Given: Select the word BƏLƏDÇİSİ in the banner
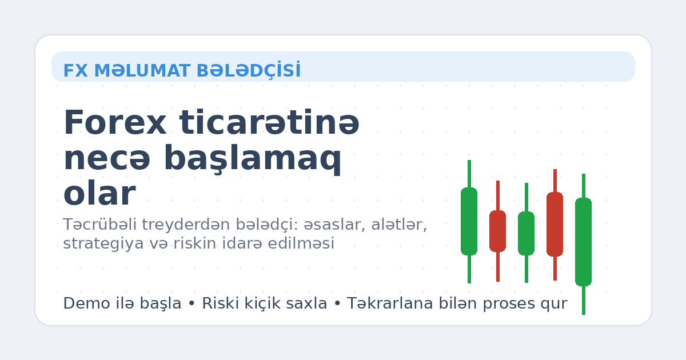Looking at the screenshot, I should click(248, 70).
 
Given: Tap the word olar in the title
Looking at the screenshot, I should click(99, 194).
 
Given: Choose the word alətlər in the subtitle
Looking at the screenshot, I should click(400, 225).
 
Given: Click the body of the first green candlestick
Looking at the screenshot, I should click(469, 221).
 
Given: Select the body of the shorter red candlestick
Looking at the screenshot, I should click(497, 231).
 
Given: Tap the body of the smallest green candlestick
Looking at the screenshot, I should click(526, 233).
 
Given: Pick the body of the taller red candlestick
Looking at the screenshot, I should click(555, 224).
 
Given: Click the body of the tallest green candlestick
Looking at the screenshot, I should click(583, 242).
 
